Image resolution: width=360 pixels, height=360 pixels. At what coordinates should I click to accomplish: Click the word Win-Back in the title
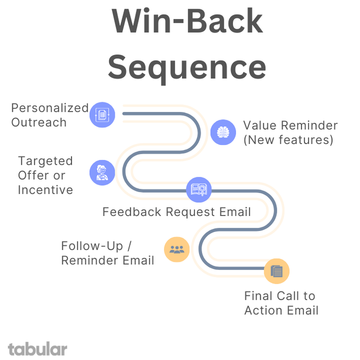[x=187, y=22]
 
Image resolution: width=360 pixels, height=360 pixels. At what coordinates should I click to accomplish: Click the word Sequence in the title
[x=187, y=67]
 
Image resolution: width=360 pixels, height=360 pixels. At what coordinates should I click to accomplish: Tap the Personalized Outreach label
[x=50, y=115]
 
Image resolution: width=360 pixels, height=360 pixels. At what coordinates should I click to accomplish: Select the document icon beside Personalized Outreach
[x=102, y=115]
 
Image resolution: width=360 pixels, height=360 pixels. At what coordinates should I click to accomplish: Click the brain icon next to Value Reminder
[x=223, y=132]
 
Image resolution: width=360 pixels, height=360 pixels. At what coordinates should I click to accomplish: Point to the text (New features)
[x=288, y=140]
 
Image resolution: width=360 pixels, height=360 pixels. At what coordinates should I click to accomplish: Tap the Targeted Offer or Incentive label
[x=45, y=175]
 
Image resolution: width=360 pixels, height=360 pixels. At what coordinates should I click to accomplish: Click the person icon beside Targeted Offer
[x=102, y=172]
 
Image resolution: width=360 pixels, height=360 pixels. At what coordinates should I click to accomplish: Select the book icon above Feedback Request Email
[x=199, y=189]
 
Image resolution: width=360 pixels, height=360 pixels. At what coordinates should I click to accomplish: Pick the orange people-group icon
[x=176, y=250]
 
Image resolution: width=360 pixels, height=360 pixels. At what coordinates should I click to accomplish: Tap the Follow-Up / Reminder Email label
[x=107, y=253]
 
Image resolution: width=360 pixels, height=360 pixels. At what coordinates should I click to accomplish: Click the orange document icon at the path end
[x=277, y=271]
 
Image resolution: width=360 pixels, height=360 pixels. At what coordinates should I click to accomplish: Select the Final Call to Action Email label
[x=281, y=303]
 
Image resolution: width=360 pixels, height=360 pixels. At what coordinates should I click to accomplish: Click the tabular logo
[x=38, y=349]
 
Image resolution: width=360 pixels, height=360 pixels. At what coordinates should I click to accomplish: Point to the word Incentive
[x=45, y=190]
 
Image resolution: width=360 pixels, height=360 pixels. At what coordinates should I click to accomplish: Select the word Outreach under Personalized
[x=39, y=122]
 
